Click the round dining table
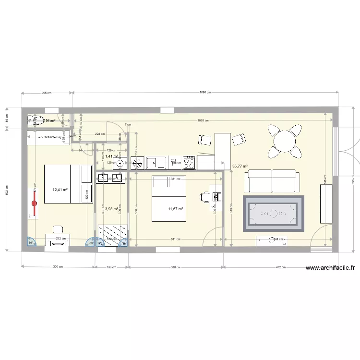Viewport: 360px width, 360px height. coord(286,141)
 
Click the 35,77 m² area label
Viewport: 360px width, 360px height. coord(240,167)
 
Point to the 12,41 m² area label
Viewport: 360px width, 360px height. coord(60,190)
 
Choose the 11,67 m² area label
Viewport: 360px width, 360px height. coord(176,209)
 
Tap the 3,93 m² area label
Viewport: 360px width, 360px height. coord(112,209)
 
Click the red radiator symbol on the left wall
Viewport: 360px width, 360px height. coord(35,203)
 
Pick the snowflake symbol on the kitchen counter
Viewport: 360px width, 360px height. coord(138,163)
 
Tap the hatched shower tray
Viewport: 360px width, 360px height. coord(114,236)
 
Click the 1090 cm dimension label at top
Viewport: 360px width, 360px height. coord(204,92)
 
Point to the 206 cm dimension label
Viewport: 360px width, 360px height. coord(47,92)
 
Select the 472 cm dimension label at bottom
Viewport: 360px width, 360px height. coord(281,267)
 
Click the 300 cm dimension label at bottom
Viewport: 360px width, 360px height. coord(58,267)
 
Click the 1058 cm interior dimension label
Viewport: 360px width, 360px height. coord(204,120)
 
